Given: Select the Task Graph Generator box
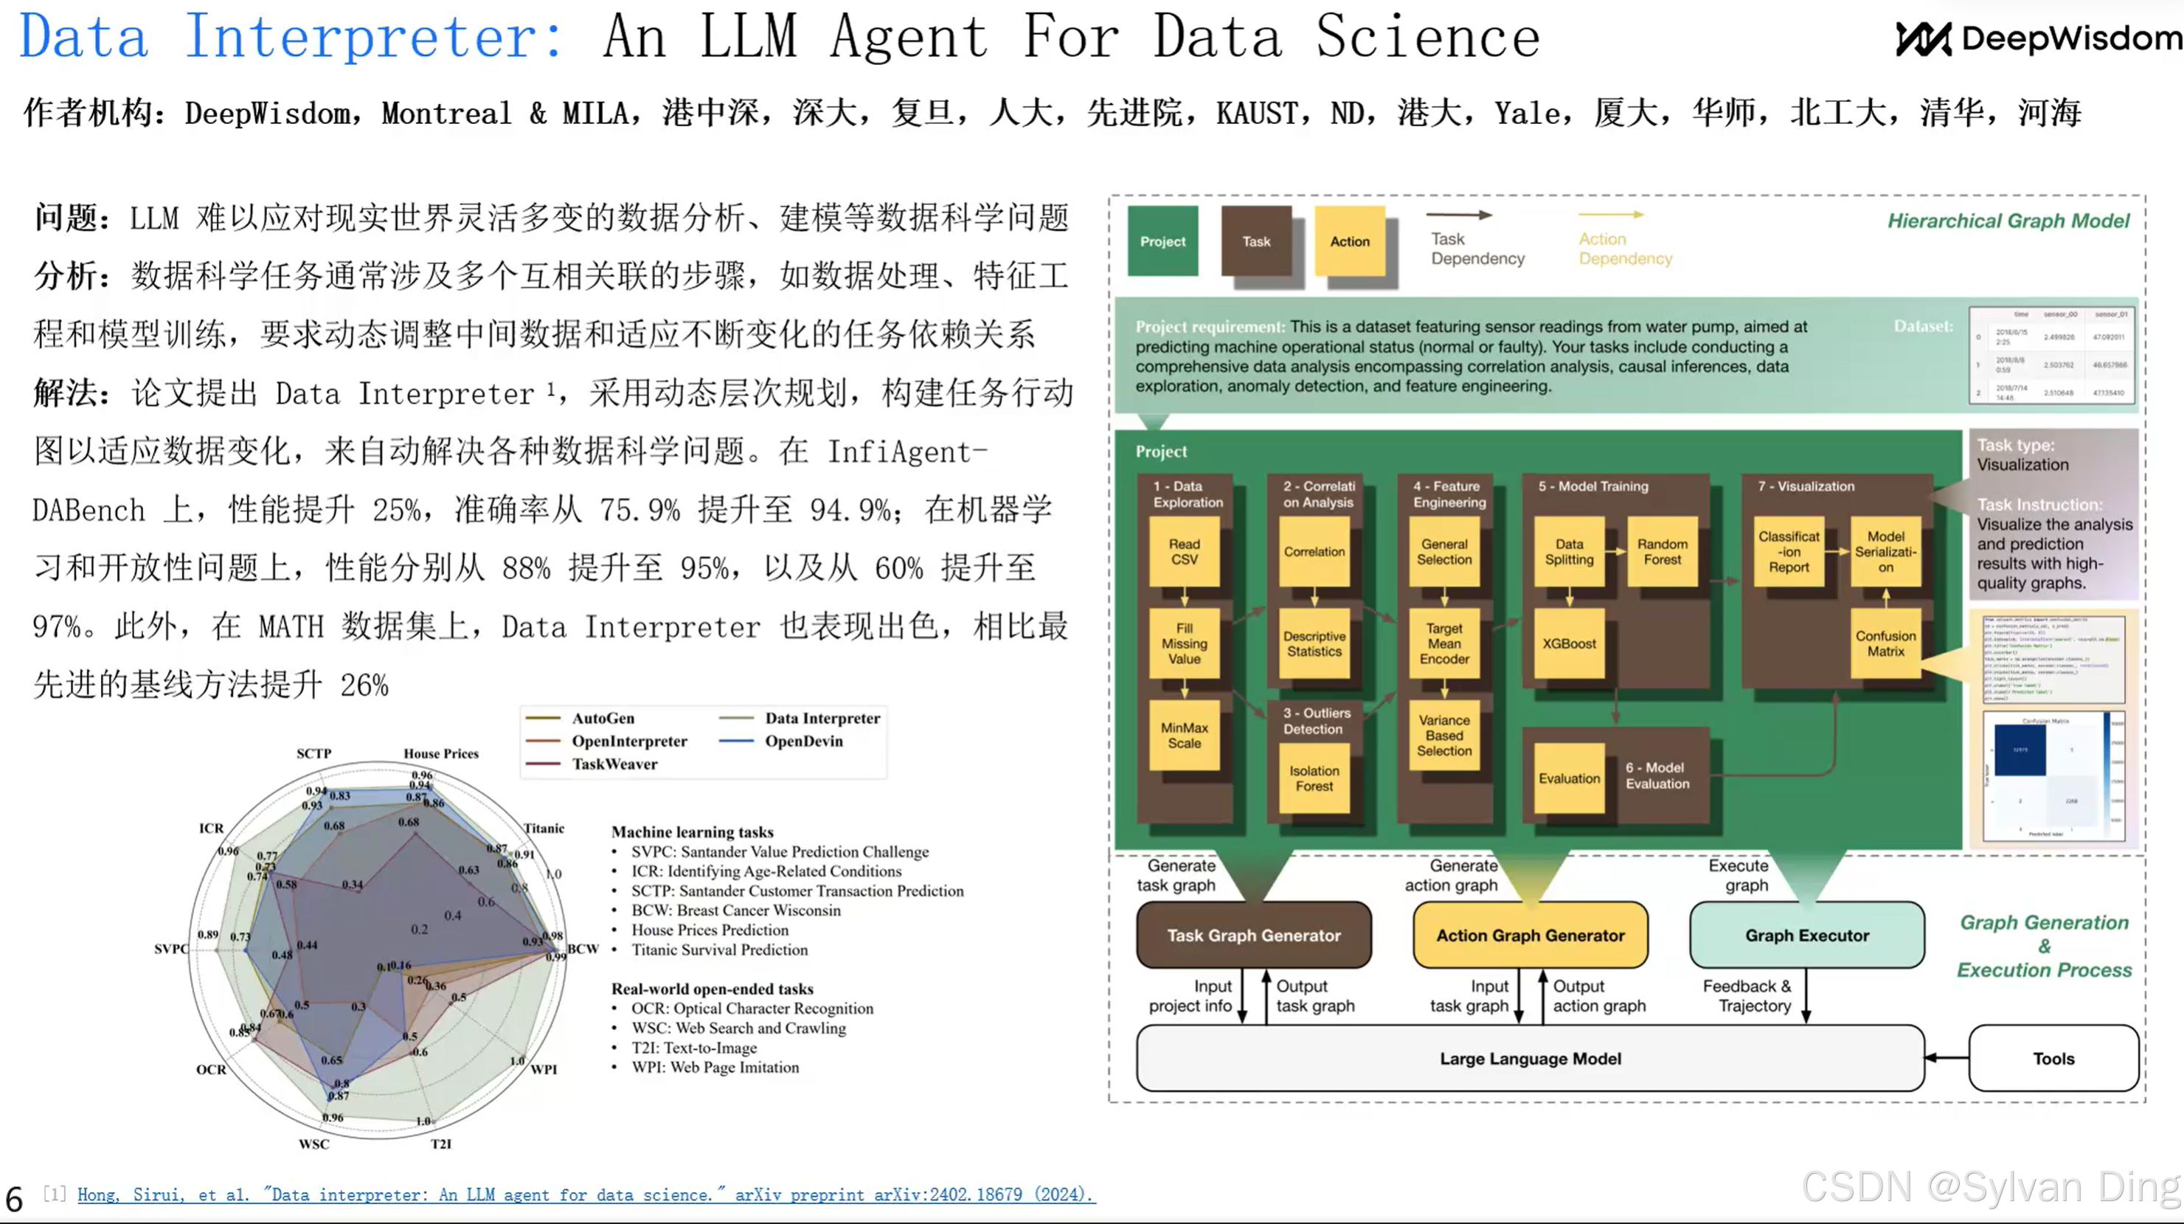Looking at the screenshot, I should [x=1253, y=935].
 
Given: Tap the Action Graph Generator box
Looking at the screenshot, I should [x=1530, y=935].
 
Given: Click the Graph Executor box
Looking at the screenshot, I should [x=1806, y=935].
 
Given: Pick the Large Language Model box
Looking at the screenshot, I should [x=1530, y=1058].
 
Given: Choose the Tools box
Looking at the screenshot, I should [x=2053, y=1058].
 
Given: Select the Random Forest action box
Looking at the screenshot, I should [x=1662, y=551].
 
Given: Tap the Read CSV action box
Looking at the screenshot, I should [x=1184, y=551].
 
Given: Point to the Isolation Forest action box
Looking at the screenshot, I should [x=1314, y=778].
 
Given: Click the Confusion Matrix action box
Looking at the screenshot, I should [x=1885, y=643].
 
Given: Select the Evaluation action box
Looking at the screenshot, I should [x=1568, y=778].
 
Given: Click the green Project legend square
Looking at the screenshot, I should [x=1162, y=241].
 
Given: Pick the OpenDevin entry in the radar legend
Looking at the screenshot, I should [x=803, y=741].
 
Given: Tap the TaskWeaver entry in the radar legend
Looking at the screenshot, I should [x=614, y=764].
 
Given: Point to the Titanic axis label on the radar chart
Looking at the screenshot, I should [x=544, y=828].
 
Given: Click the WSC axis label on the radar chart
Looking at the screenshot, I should [x=313, y=1144].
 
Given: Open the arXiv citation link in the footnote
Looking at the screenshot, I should [x=585, y=1194].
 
